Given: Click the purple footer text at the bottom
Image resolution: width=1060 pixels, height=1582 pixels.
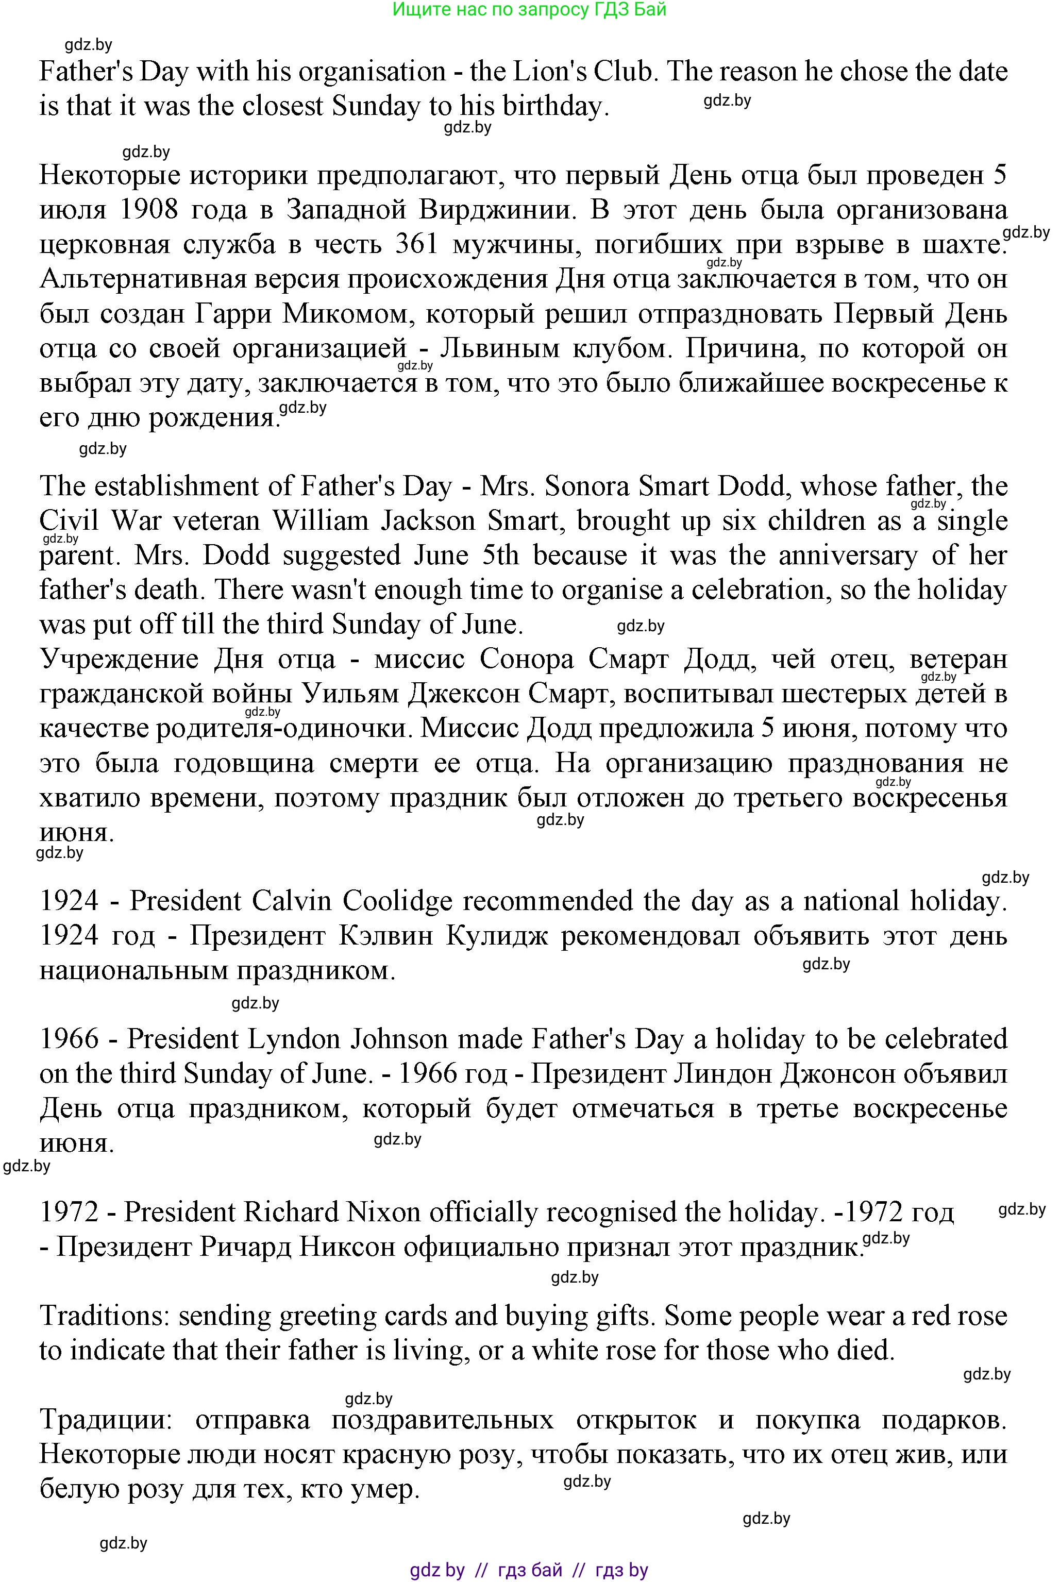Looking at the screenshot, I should pos(529,1570).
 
